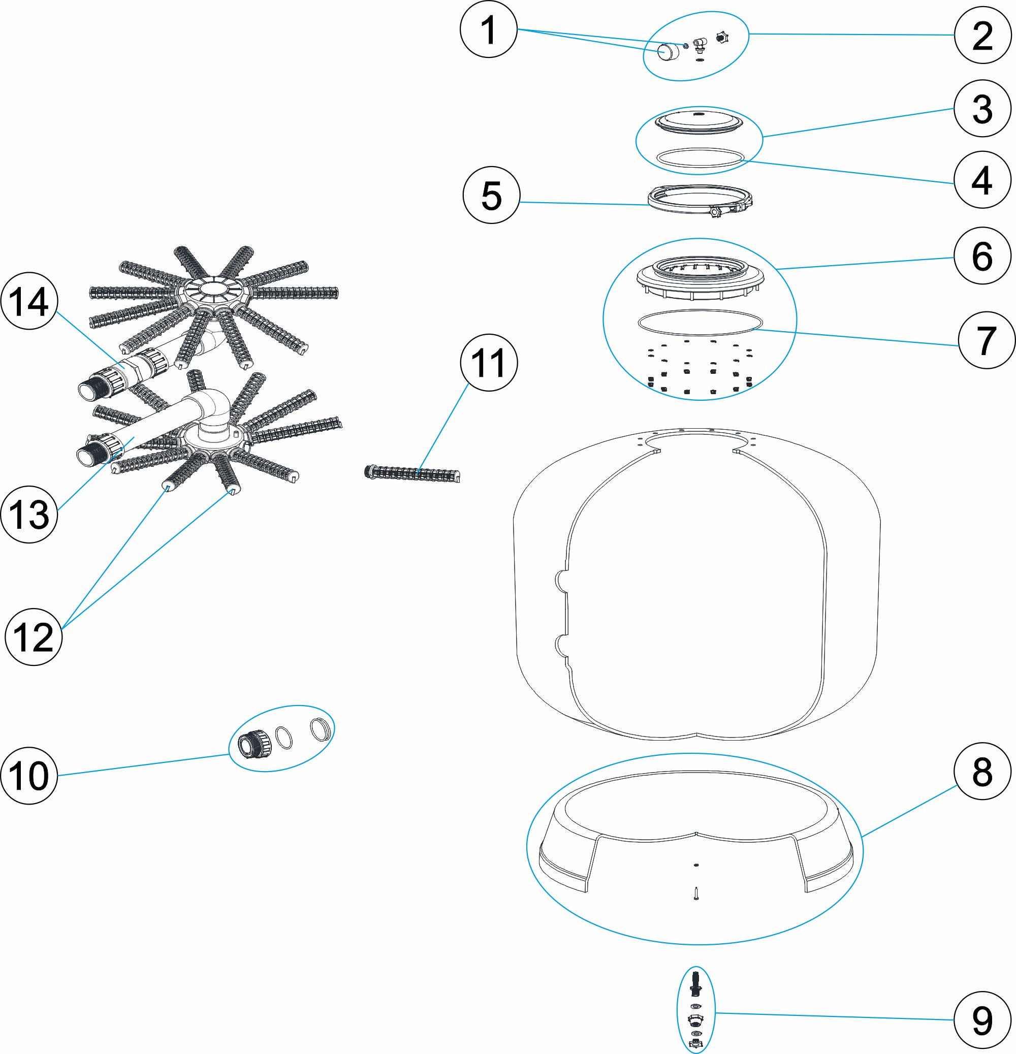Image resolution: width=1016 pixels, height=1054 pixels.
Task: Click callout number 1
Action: point(488,29)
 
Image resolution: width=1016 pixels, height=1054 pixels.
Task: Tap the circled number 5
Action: point(491,195)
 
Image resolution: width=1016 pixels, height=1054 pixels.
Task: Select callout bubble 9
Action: point(982,1020)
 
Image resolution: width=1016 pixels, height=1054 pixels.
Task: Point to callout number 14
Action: point(29,301)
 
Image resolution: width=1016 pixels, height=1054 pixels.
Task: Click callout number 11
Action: point(489,363)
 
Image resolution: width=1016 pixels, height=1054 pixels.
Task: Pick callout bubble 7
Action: point(986,340)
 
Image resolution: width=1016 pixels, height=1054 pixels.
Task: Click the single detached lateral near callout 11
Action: point(412,474)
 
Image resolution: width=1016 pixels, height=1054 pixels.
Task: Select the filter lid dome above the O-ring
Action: point(700,121)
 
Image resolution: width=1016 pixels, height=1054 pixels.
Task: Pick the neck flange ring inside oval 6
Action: point(700,274)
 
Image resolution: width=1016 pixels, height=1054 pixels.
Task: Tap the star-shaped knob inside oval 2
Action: point(722,37)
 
